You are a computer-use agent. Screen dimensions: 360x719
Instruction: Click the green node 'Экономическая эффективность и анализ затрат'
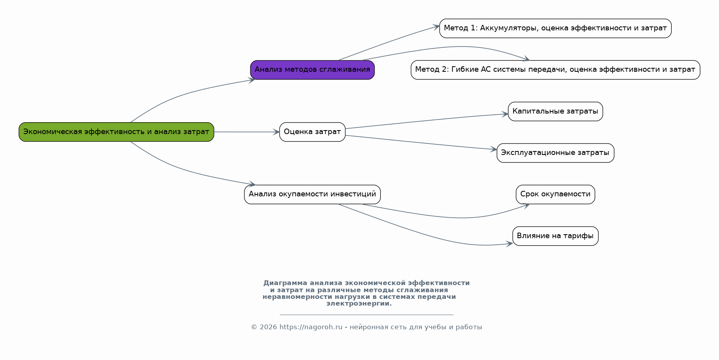pos(116,132)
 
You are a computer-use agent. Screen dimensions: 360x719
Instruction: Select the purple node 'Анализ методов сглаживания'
pos(312,70)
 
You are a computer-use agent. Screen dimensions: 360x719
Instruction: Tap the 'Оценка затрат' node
pos(312,132)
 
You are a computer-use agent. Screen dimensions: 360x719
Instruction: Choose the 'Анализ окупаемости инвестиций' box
pos(312,194)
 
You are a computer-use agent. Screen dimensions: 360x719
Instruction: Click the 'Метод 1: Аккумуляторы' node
pos(555,28)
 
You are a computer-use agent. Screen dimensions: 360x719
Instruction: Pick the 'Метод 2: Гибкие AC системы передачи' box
pos(555,70)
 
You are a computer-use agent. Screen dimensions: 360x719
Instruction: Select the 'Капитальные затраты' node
pos(555,112)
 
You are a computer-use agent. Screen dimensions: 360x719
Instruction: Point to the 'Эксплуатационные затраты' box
pos(555,153)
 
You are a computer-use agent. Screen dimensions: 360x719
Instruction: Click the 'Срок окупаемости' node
pos(555,194)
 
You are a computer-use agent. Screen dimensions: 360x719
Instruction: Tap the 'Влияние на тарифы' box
pos(555,236)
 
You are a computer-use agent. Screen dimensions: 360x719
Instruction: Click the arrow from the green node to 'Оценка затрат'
pos(246,132)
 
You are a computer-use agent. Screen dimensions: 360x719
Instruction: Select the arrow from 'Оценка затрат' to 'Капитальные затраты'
pos(426,121)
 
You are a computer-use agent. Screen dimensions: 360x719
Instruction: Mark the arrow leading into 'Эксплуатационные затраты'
pos(422,143)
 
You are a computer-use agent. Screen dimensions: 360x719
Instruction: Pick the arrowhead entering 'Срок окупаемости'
pos(526,205)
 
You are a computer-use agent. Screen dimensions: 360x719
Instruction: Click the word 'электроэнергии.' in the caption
pos(359,304)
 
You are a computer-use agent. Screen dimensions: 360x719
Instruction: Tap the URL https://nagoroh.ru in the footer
pos(311,327)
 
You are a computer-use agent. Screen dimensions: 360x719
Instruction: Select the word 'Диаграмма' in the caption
pos(285,283)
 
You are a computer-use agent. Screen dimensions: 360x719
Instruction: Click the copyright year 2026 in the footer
pos(268,327)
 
